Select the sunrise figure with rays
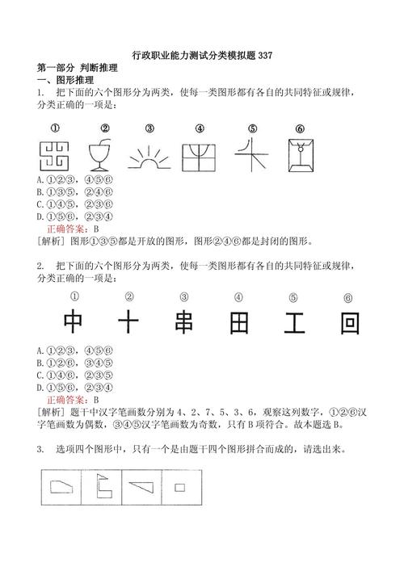[149, 155]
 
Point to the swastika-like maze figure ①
[55, 153]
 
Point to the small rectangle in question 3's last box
[179, 487]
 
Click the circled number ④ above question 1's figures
[200, 128]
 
